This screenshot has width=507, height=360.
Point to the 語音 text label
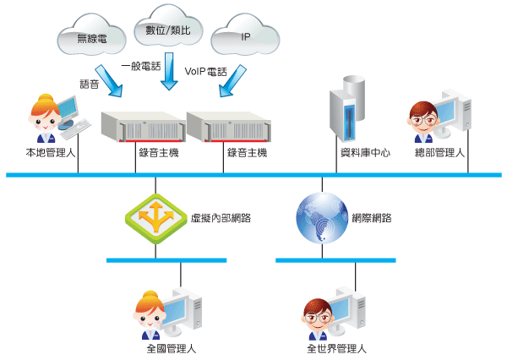coord(90,85)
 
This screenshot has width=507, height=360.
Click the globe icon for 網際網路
coord(320,217)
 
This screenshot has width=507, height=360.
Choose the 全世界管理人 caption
coord(336,347)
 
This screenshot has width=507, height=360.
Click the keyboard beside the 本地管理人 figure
coord(75,128)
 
